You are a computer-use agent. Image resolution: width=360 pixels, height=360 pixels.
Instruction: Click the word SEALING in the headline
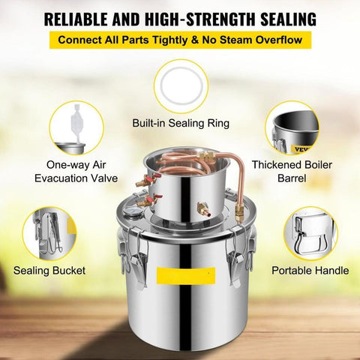point(288,19)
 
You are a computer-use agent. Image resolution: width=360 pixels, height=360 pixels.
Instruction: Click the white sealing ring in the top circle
point(181,86)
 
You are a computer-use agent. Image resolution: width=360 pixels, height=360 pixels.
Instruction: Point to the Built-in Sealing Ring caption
point(181,123)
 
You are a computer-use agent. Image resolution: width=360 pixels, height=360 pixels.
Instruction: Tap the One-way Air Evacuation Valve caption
point(76,172)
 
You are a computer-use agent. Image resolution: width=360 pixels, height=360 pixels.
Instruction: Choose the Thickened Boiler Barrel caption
point(292,172)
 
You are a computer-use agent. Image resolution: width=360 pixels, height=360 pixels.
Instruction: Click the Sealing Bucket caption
point(49,271)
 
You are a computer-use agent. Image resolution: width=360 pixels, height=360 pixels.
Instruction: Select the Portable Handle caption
point(310,271)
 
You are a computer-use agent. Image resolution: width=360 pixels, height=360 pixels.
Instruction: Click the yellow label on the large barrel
point(186,275)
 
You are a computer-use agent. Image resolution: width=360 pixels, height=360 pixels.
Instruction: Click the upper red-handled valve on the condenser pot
point(148,180)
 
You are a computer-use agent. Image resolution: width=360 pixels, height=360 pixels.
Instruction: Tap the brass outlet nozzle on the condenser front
point(205,208)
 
